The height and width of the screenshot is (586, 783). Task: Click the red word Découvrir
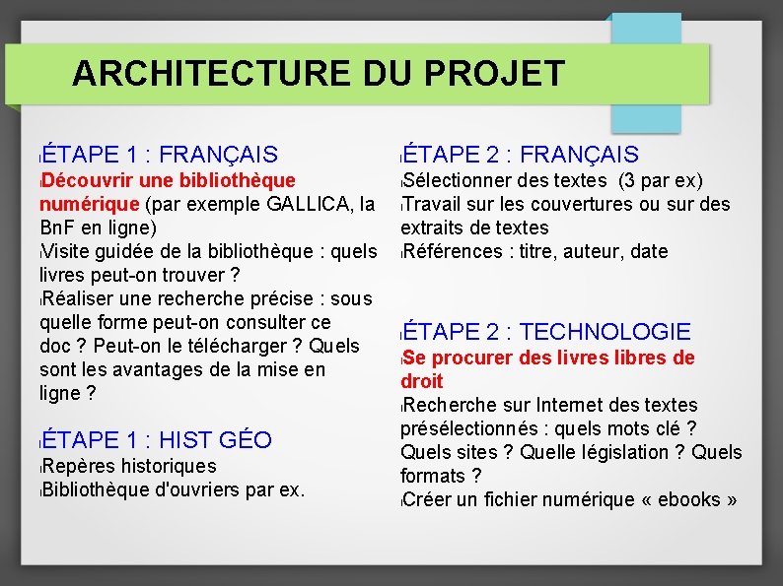(x=86, y=180)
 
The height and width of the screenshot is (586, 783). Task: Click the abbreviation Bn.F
(x=61, y=228)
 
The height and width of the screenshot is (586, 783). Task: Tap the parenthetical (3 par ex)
(x=660, y=180)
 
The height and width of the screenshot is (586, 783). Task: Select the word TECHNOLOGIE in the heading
(x=605, y=333)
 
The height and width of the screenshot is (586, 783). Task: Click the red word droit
(x=422, y=381)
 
